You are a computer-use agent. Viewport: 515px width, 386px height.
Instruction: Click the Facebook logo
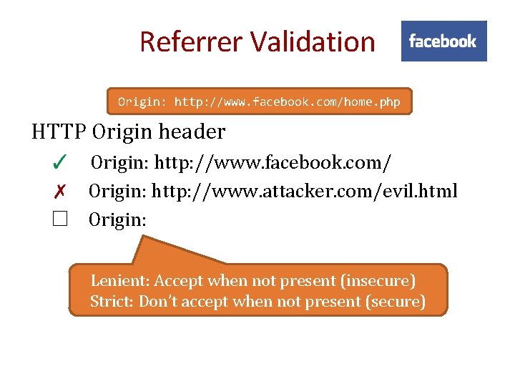click(x=443, y=41)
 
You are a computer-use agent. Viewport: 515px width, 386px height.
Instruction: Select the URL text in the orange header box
click(x=287, y=102)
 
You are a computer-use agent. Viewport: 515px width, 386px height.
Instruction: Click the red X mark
click(x=59, y=192)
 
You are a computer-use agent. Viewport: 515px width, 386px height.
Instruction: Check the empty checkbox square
click(x=59, y=219)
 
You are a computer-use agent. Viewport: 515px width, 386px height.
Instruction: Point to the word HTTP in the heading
click(x=59, y=132)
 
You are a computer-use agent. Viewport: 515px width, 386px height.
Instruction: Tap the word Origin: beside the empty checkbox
click(x=117, y=219)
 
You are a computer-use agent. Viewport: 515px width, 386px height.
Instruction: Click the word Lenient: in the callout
click(x=120, y=281)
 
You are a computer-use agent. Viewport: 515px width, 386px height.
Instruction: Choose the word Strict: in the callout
click(x=112, y=302)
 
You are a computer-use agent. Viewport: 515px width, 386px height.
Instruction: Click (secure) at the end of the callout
click(x=395, y=302)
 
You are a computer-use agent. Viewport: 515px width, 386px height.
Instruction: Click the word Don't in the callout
click(x=158, y=302)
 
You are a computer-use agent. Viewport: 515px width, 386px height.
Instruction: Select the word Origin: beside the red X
click(x=117, y=192)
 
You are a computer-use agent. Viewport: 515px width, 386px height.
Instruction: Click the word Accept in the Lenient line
click(x=179, y=281)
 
